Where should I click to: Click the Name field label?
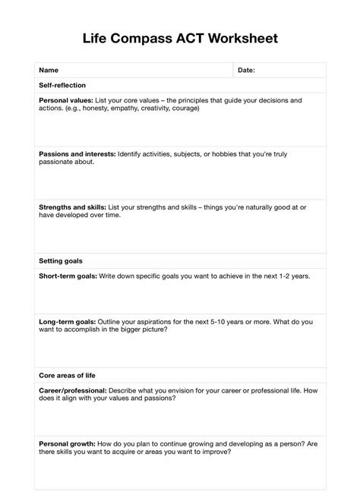(49, 70)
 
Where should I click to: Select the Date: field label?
(246, 70)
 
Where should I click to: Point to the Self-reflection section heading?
(62, 85)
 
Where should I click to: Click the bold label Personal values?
(66, 100)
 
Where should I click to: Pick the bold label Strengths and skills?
(72, 207)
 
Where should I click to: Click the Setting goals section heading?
(60, 261)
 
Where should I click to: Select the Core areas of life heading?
(67, 375)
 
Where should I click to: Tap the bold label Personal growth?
(67, 444)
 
